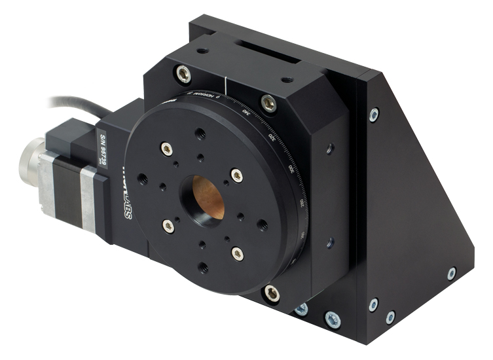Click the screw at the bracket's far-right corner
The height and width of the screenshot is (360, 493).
coord(451,273)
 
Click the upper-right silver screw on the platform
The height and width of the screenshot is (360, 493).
coord(236,175)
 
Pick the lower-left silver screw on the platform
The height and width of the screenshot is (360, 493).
coord(168,226)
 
